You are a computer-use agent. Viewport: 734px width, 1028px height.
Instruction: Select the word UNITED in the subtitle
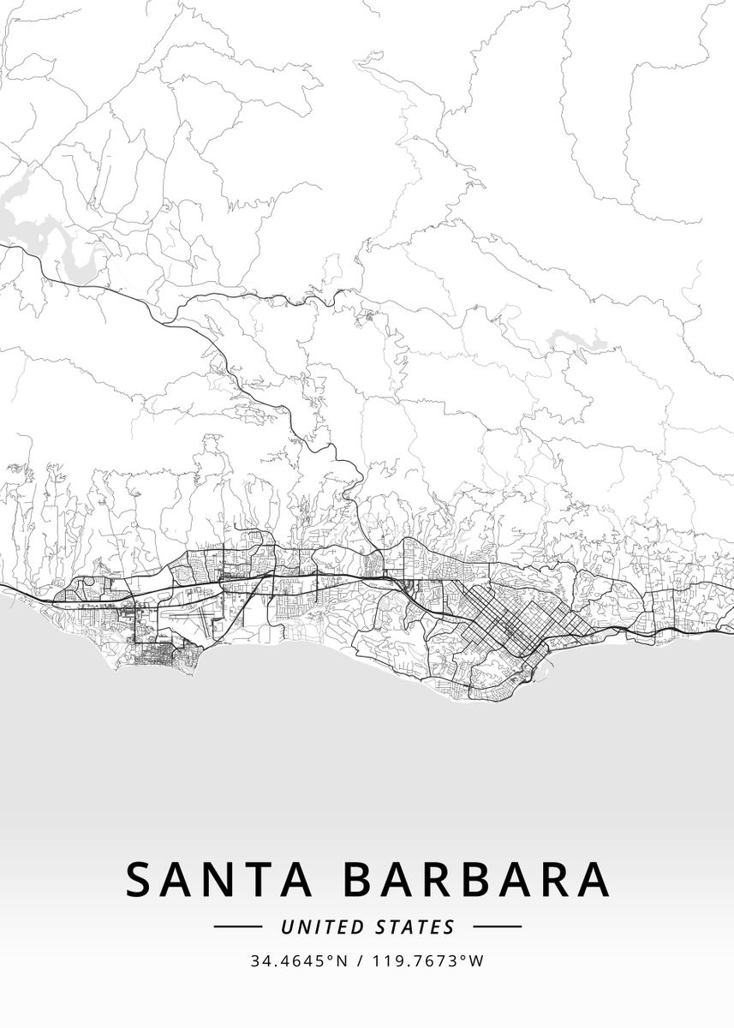point(324,927)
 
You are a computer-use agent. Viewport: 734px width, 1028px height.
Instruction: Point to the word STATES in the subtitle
point(415,927)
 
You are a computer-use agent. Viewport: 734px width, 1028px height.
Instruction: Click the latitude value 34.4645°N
point(299,961)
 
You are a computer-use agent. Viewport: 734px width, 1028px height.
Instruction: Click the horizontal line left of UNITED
point(237,926)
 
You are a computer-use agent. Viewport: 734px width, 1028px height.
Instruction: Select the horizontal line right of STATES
point(497,926)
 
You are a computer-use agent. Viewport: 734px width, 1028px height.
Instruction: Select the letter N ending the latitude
point(342,961)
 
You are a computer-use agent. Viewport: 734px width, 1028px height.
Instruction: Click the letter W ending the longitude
point(477,961)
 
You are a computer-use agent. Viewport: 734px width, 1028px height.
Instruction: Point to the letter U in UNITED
point(287,927)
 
